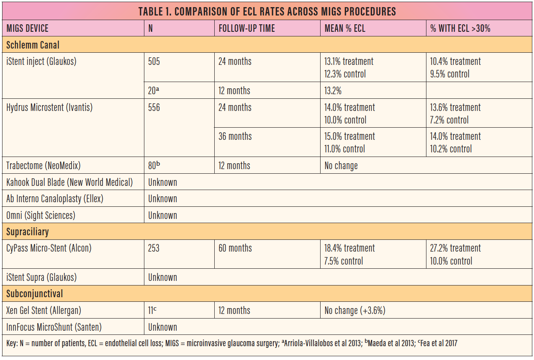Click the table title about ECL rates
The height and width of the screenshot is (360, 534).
point(267,11)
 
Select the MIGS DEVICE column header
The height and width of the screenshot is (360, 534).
point(28,28)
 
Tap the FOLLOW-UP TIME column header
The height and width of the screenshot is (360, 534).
point(246,28)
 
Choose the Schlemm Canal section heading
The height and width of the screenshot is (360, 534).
point(33,45)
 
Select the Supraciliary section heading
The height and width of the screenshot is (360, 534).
point(28,231)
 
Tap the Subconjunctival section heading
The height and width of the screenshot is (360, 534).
point(35,294)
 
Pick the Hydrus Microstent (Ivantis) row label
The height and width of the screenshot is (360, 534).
point(49,108)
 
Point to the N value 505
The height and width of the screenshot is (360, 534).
point(154,62)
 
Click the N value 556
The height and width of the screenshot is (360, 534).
point(154,108)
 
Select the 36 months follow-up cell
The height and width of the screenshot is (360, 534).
point(235,136)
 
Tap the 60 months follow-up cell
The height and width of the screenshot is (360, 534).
point(235,248)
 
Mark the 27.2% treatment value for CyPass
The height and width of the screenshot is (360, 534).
point(456,248)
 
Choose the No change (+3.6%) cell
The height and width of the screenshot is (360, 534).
point(355,311)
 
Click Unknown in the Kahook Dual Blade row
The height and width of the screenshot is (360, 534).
point(162,183)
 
